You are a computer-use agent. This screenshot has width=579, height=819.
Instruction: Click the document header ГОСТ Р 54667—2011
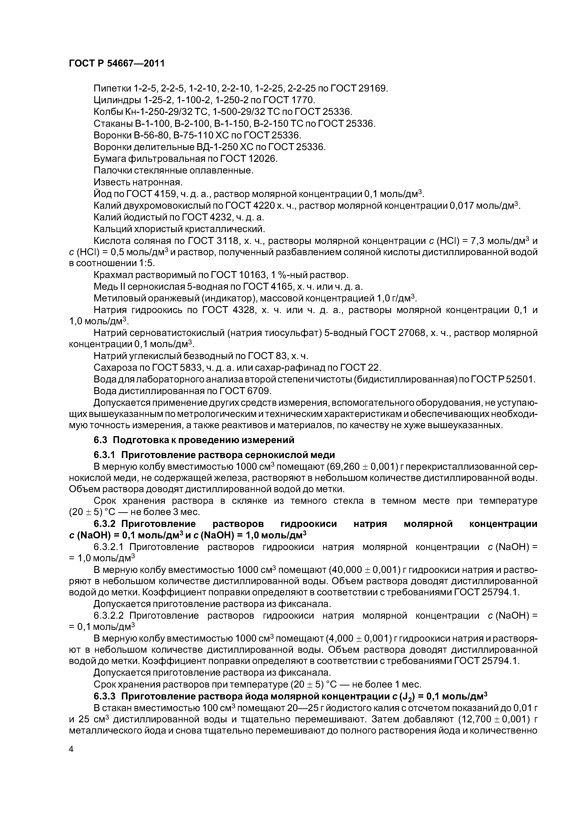click(117, 64)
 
